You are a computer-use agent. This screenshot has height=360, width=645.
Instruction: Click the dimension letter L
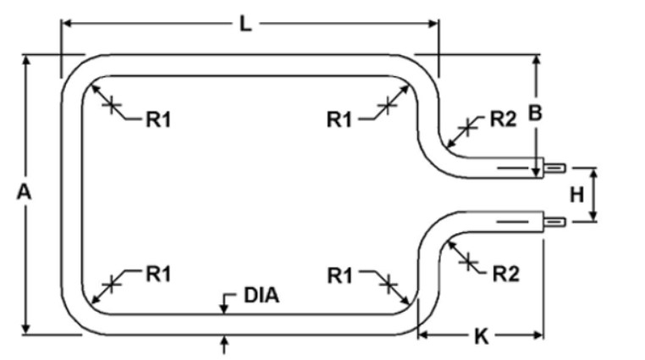pyautogui.click(x=245, y=23)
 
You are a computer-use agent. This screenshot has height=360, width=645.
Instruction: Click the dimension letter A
pyautogui.click(x=25, y=193)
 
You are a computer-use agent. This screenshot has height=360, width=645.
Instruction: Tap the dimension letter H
pyautogui.click(x=576, y=195)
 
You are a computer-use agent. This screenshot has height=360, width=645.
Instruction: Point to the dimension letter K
pyautogui.click(x=481, y=336)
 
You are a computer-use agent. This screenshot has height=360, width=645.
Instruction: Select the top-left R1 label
pyautogui.click(x=158, y=119)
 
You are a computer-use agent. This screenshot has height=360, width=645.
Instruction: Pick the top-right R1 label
pyautogui.click(x=339, y=119)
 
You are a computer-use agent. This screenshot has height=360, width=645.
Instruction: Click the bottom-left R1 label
pyautogui.click(x=158, y=274)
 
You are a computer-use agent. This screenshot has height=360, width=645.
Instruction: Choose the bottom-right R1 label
pyautogui.click(x=339, y=274)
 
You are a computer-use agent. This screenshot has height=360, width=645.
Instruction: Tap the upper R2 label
pyautogui.click(x=503, y=119)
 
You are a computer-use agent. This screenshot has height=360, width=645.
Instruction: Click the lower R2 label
pyautogui.click(x=505, y=273)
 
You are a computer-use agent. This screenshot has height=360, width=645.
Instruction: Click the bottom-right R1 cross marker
pyautogui.click(x=389, y=283)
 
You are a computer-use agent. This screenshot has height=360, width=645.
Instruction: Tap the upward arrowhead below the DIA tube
pyautogui.click(x=224, y=340)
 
